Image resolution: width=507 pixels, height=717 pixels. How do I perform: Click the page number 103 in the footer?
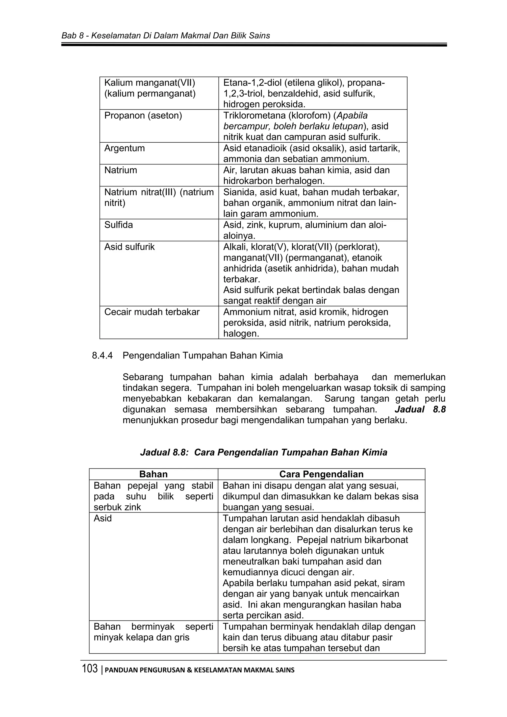[90, 669]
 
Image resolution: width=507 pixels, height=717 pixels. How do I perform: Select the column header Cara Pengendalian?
[321, 474]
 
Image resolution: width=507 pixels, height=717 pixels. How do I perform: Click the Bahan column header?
[153, 474]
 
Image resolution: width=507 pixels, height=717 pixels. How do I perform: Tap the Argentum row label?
[124, 148]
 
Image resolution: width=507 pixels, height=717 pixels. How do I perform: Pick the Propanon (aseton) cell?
[143, 116]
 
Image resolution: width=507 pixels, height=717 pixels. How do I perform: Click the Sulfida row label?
[118, 225]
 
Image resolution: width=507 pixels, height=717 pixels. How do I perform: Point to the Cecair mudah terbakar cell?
[152, 312]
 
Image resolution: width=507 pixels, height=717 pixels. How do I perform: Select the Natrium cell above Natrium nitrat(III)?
[121, 170]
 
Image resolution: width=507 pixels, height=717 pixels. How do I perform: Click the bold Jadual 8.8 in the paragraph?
[420, 410]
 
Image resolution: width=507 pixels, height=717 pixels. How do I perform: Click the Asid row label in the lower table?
[103, 518]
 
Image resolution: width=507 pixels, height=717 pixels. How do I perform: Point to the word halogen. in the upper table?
[241, 333]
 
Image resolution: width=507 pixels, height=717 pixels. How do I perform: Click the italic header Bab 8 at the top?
[73, 36]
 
